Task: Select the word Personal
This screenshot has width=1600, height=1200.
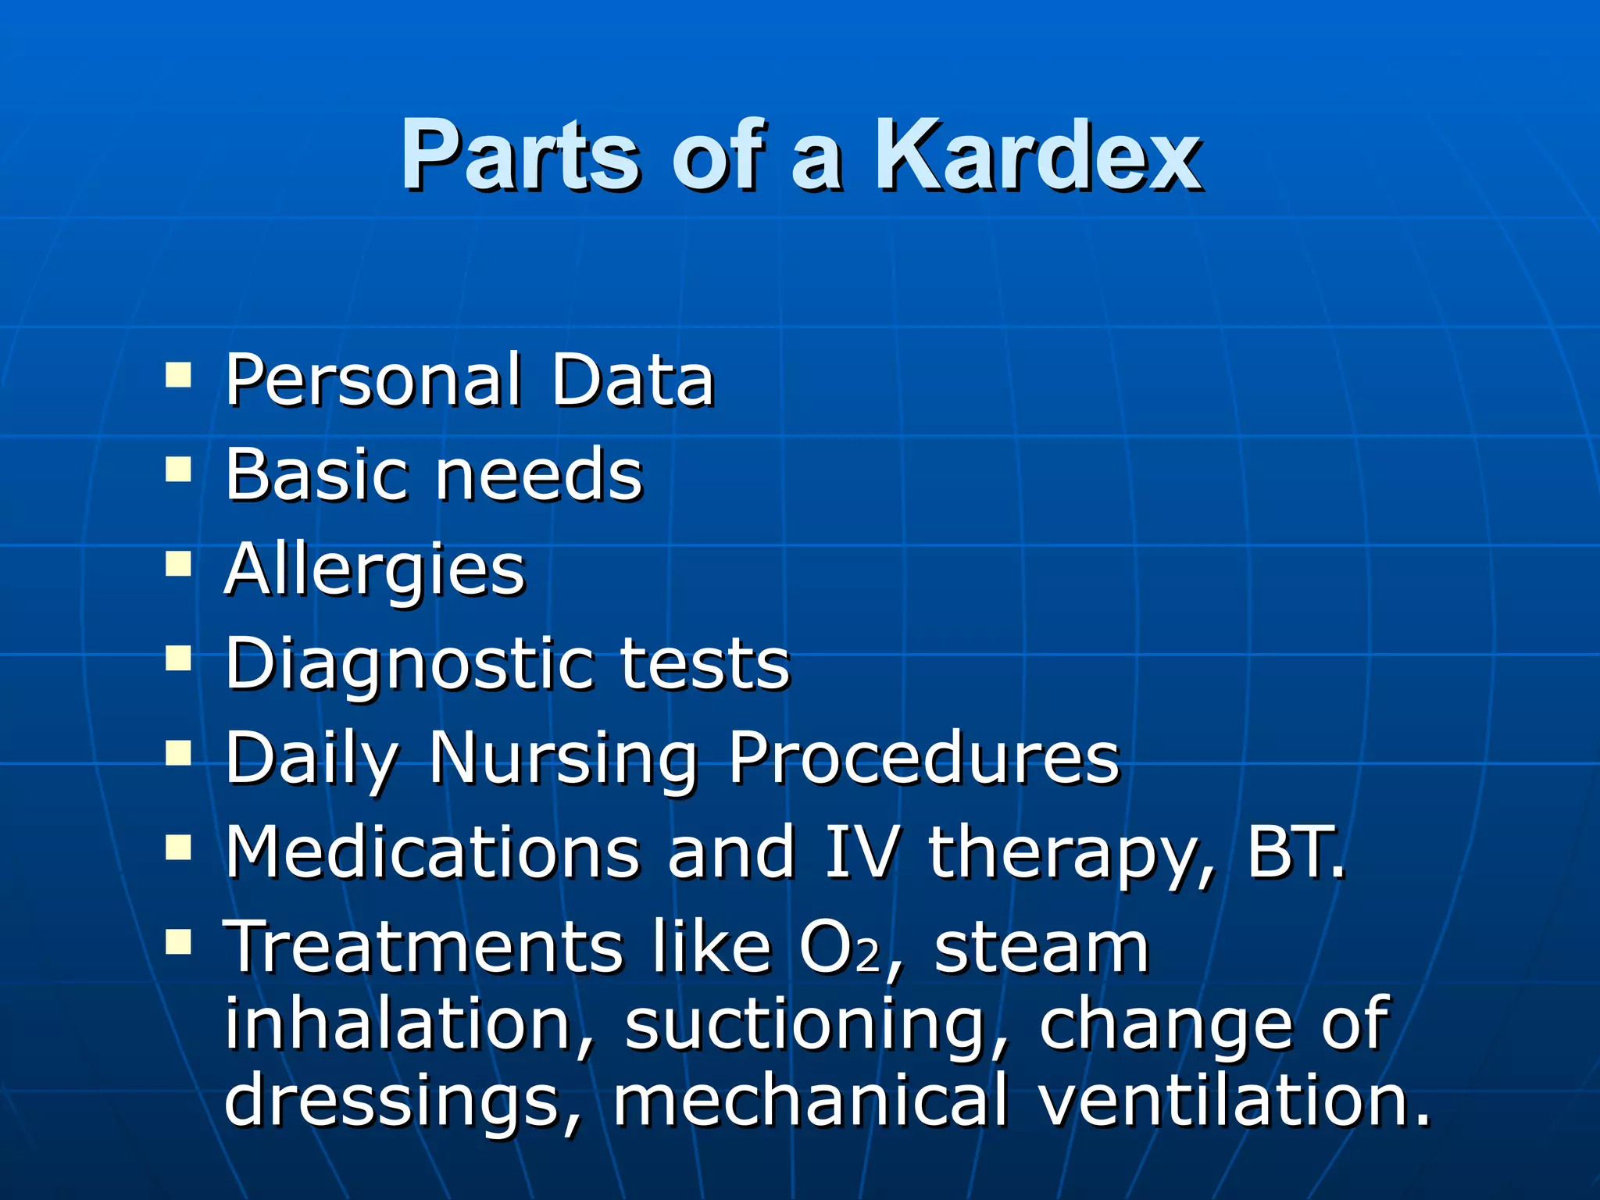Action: pyautogui.click(x=373, y=380)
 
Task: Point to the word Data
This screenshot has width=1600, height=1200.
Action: pyautogui.click(x=632, y=380)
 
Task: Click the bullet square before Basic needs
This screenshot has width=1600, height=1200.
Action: pyautogui.click(x=179, y=470)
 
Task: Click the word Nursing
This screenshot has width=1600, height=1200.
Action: pyautogui.click(x=563, y=759)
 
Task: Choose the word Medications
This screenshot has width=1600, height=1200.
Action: pyautogui.click(x=433, y=852)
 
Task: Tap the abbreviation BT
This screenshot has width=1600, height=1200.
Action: pyautogui.click(x=1293, y=852)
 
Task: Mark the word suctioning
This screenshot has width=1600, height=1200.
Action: pyautogui.click(x=805, y=1025)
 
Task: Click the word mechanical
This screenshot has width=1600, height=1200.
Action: pyautogui.click(x=810, y=1100)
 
